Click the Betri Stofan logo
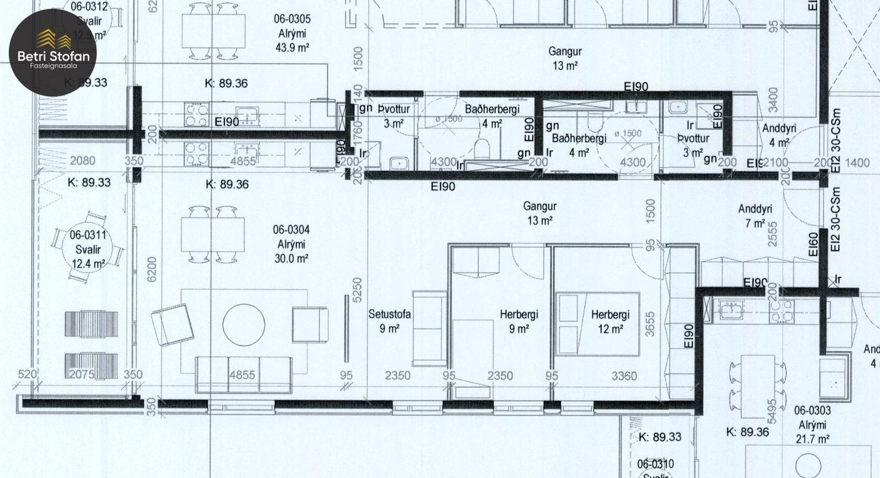point(53,52)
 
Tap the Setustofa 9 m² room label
point(389,321)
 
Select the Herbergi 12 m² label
point(610,321)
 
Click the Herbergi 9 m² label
point(518,321)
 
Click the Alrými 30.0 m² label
point(291,244)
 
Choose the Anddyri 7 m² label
point(755,216)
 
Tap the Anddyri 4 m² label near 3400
point(779,135)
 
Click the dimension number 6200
point(152,270)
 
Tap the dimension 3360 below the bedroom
point(624,376)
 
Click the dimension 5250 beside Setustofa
point(357,291)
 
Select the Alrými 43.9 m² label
point(291,33)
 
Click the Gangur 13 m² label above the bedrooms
point(539,213)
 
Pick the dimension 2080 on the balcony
point(82,161)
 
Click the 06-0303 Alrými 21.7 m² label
point(812,425)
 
